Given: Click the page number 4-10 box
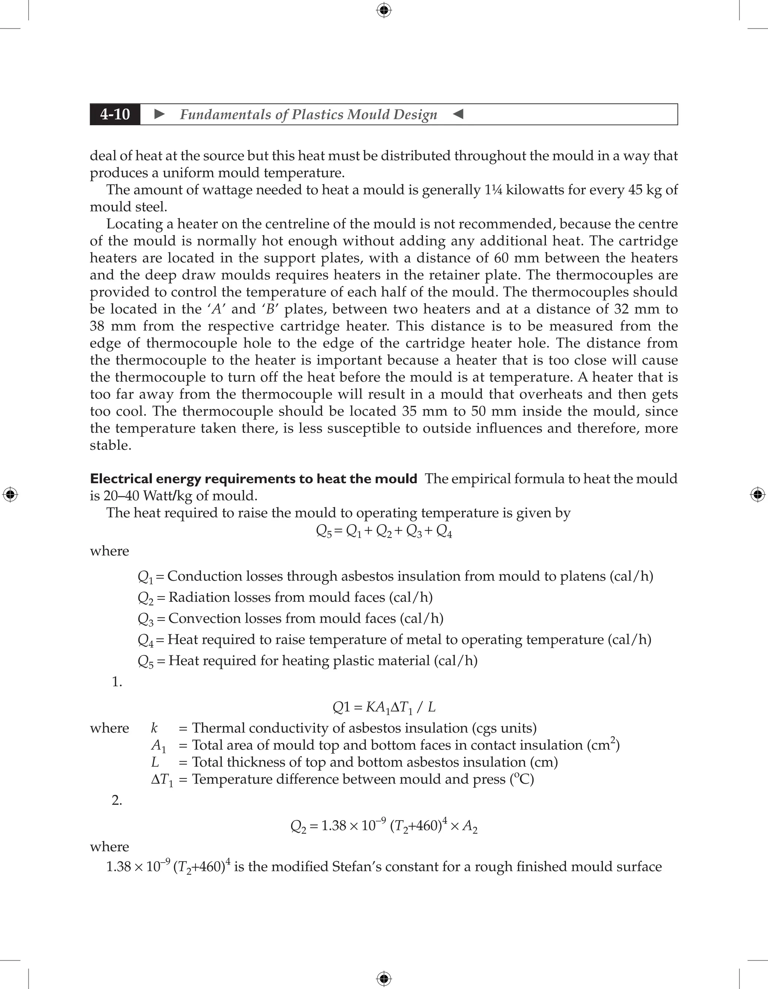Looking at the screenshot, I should (x=115, y=114).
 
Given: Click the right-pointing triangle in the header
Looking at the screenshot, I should (x=160, y=114).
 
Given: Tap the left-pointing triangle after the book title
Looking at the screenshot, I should (x=458, y=114).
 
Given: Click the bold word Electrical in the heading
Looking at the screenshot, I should (x=121, y=479).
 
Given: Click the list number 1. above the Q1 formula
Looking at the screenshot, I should (x=117, y=682).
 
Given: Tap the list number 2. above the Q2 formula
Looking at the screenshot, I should (x=117, y=801).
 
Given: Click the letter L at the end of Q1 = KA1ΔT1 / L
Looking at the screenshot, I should (x=431, y=707).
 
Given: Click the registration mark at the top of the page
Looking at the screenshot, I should (x=384, y=10).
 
